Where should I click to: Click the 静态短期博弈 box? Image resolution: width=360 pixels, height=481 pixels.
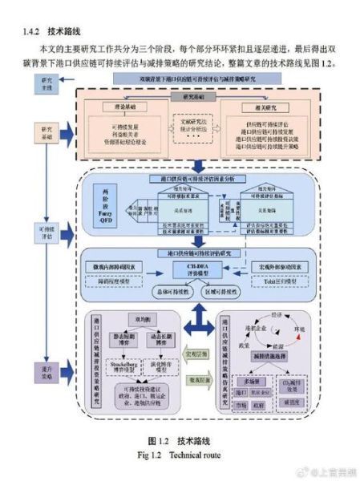pyautogui.click(x=129, y=340)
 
